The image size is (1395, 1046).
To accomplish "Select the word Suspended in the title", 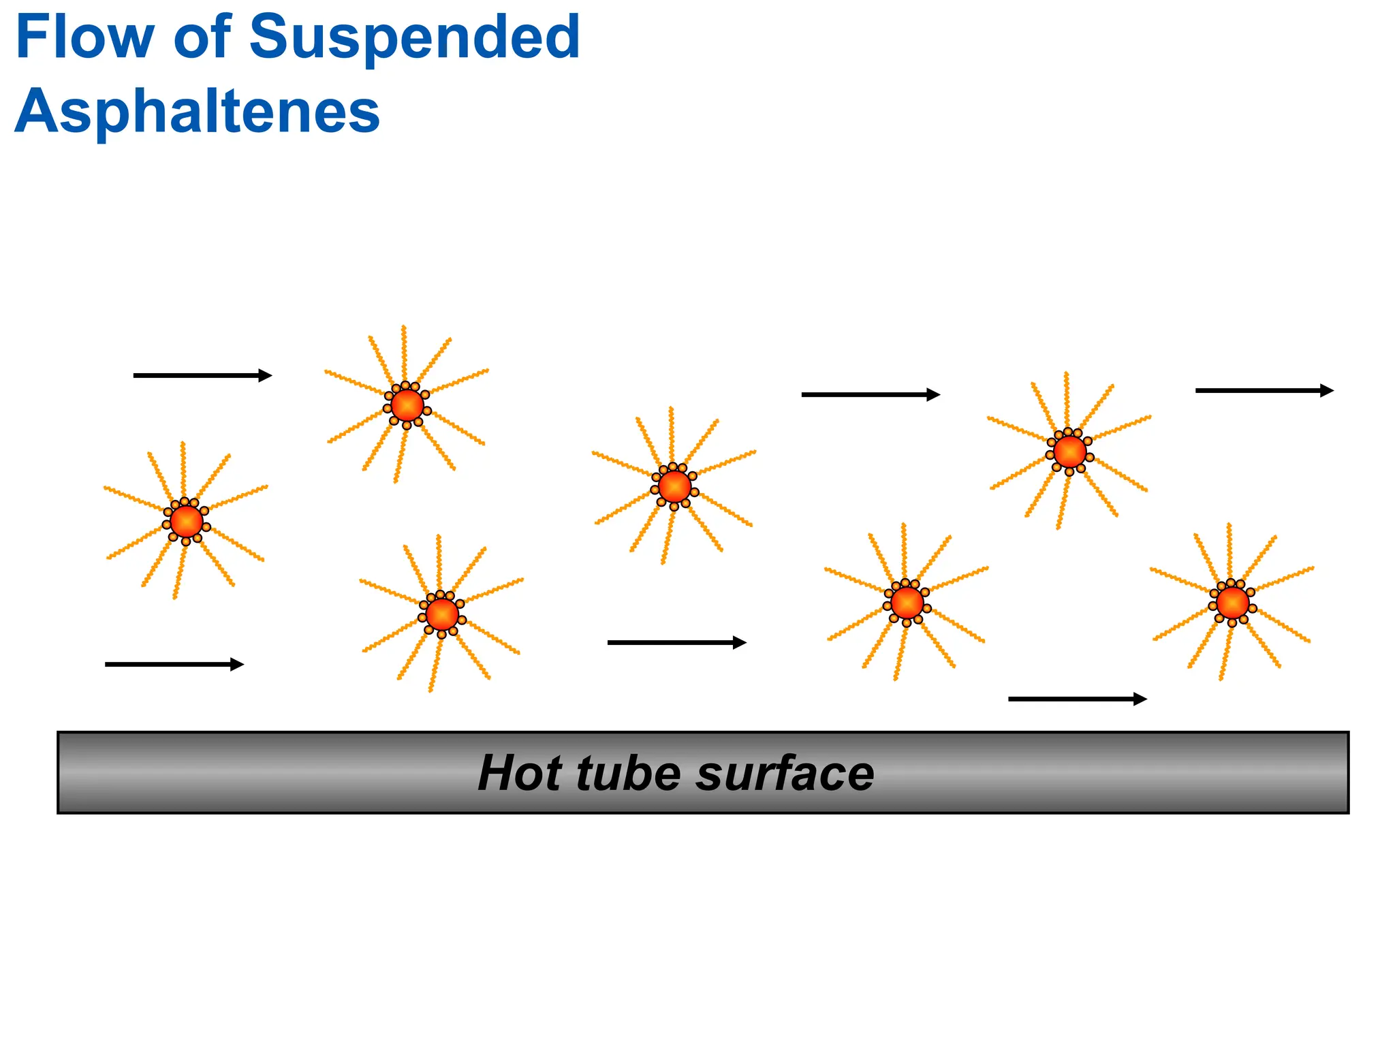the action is pos(415,39).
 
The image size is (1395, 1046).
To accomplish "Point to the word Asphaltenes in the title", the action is pos(197,112).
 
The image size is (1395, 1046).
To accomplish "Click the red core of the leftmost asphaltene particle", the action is pos(186,522).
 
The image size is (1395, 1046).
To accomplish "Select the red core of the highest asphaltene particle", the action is pos(407,405).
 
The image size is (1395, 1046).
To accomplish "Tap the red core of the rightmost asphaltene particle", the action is pos(1232,603).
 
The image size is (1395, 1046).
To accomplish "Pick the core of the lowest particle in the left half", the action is pos(442,614).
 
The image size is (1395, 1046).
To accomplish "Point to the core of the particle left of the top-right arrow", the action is pos(1069,451).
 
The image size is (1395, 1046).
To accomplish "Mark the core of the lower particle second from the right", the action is pos(907,603).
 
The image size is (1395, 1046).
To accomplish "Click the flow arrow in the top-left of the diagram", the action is pos(202,375).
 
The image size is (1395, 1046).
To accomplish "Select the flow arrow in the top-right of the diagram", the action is pos(1264,390).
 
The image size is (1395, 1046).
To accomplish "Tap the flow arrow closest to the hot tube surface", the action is pos(1078,699).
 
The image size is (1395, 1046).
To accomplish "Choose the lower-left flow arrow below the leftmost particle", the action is pos(174,664).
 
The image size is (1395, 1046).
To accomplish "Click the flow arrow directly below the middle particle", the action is pos(677,642).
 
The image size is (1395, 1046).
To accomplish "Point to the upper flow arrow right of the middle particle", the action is pos(871,394).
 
